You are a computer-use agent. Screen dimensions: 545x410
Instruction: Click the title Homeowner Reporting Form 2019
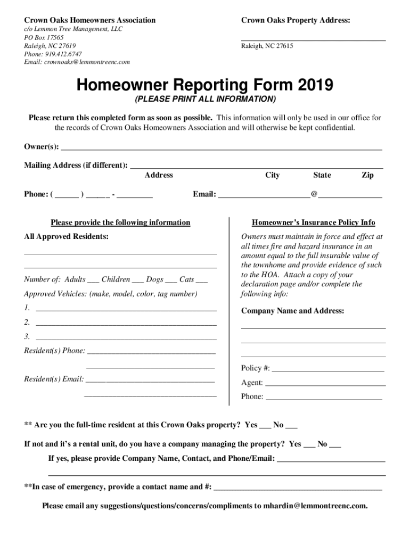(205, 85)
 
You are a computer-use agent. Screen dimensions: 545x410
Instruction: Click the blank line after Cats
(202, 282)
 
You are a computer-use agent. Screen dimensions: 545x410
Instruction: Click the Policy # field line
(328, 369)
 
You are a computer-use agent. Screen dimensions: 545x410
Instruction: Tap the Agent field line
(325, 384)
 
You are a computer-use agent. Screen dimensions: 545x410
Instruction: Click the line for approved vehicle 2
(126, 324)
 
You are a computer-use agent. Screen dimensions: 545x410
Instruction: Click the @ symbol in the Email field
(314, 194)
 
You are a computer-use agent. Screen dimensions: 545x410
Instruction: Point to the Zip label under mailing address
(367, 175)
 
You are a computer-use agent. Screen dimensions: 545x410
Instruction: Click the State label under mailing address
(322, 175)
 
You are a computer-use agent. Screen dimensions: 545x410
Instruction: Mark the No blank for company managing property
(335, 446)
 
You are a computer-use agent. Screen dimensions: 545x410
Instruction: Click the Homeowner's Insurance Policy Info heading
(314, 222)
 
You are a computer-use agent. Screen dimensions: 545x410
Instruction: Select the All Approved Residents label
(67, 236)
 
